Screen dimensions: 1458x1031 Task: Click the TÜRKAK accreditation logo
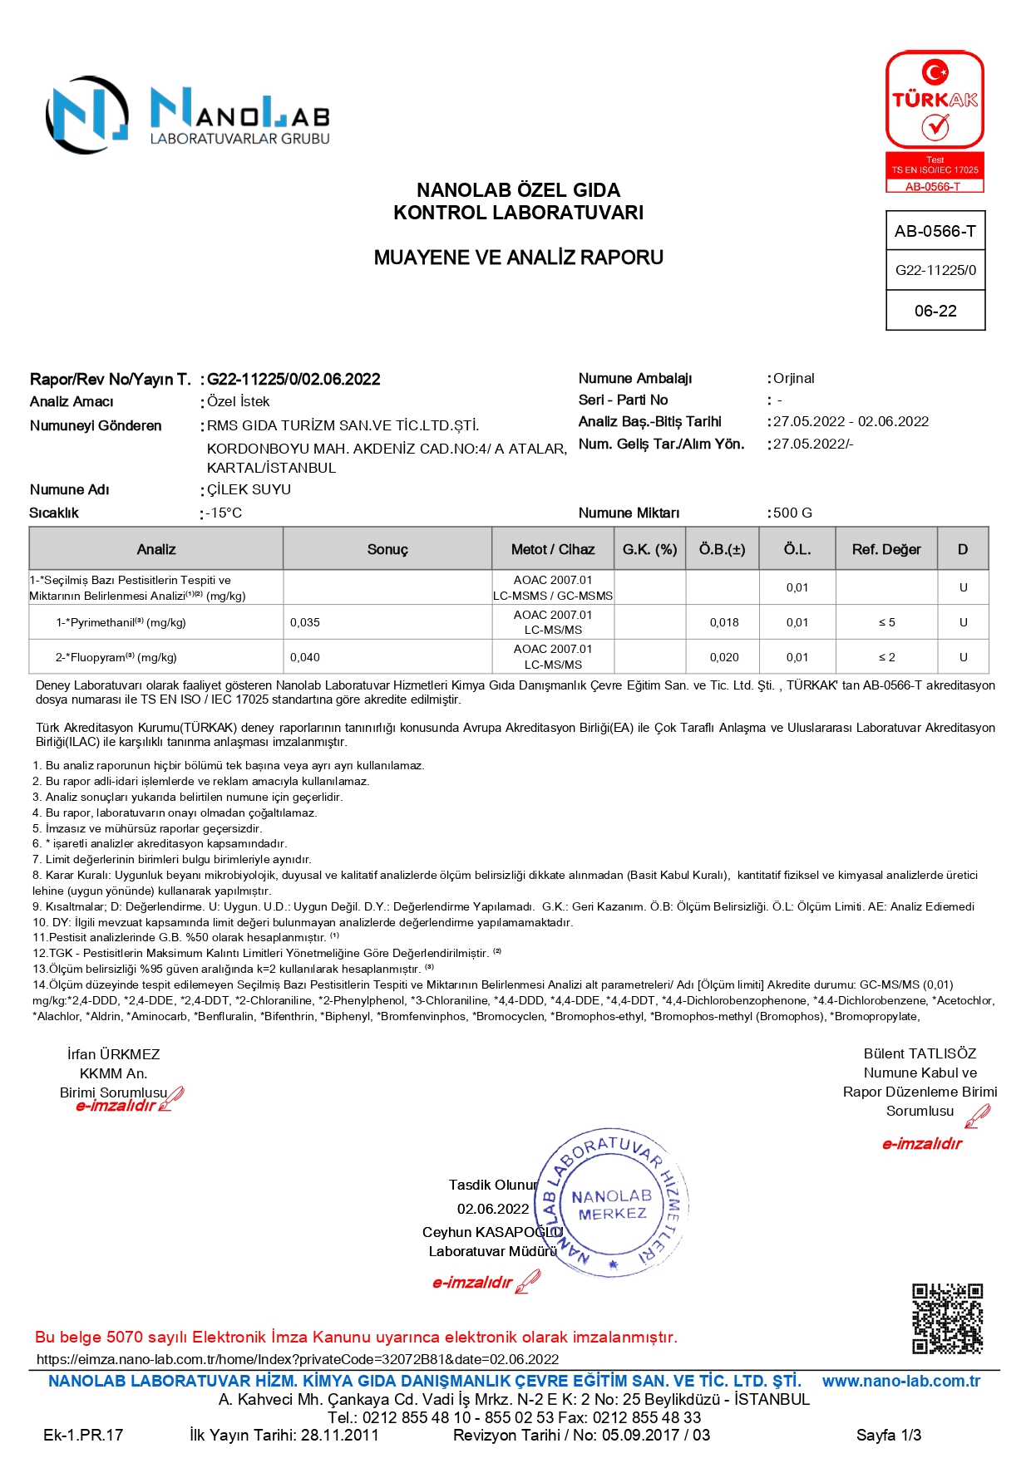(x=935, y=121)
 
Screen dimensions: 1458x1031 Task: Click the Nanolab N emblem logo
(x=87, y=115)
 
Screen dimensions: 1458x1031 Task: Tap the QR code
(x=947, y=1318)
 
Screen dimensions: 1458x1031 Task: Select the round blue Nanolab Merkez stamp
(x=613, y=1203)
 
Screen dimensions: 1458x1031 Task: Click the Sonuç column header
(x=387, y=549)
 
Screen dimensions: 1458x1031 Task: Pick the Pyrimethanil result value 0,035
(x=305, y=622)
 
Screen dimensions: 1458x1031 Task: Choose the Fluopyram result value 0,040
(x=305, y=657)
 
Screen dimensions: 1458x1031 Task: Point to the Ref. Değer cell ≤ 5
(x=886, y=622)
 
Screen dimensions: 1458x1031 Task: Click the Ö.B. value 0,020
(x=724, y=657)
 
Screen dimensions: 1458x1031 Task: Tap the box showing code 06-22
(x=935, y=311)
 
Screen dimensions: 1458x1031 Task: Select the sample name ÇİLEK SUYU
(x=249, y=489)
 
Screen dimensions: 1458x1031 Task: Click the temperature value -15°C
(x=224, y=513)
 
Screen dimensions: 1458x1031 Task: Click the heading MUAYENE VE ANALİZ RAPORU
(x=518, y=258)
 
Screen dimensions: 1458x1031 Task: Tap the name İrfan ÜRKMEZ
(x=113, y=1054)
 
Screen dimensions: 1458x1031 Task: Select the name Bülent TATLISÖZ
(x=920, y=1053)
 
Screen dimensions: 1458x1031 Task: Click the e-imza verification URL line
(x=298, y=1359)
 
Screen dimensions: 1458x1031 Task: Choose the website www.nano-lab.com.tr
(x=901, y=1381)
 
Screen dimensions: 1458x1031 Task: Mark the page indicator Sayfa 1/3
(x=889, y=1435)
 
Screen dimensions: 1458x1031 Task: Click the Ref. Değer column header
(x=886, y=549)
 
